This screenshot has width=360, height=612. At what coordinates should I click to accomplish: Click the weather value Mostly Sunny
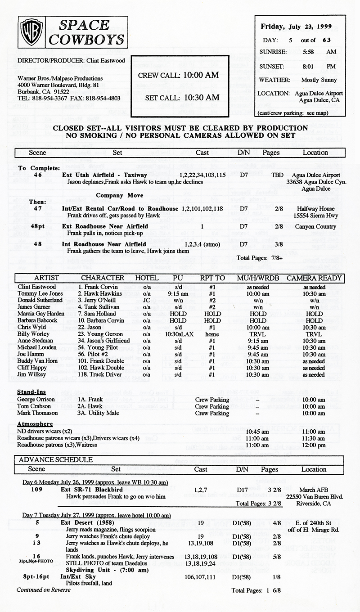coord(319,80)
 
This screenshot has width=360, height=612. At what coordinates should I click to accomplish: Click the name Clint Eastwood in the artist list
coord(36,287)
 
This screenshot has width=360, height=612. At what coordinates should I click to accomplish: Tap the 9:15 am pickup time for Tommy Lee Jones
coord(175,293)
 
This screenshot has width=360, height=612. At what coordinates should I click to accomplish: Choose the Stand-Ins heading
coord(31,392)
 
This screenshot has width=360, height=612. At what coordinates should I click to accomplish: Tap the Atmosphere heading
coord(35,424)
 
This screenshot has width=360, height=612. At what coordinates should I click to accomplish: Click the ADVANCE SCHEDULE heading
coord(56,459)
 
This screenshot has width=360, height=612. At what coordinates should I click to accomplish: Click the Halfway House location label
coord(315,209)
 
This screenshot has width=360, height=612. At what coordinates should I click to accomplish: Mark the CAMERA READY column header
coord(314,278)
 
